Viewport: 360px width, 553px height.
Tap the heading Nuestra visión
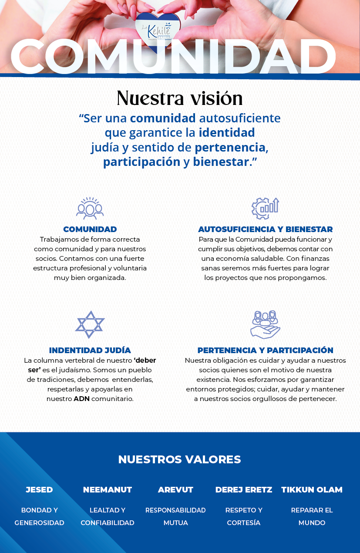[179, 98]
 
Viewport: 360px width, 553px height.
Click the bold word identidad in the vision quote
[227, 132]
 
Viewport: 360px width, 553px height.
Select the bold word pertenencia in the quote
[230, 148]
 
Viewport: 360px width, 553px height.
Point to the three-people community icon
[90, 208]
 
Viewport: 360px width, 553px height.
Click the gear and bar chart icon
[265, 208]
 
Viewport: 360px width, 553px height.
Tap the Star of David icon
[90, 324]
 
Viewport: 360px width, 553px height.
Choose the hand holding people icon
[265, 324]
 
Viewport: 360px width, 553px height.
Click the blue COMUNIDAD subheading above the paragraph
[90, 229]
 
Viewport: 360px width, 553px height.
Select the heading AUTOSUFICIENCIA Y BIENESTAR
[265, 229]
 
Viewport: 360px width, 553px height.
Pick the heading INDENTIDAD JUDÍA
[90, 351]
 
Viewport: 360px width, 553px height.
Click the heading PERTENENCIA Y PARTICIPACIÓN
[265, 351]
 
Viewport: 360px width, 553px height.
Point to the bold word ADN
[81, 399]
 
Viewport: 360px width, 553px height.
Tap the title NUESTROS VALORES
[179, 459]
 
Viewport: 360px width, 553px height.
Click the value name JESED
[39, 490]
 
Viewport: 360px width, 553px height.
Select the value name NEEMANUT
[107, 490]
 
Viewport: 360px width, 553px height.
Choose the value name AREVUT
[175, 490]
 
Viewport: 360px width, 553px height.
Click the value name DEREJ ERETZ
[244, 490]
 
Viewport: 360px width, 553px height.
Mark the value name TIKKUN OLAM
[312, 490]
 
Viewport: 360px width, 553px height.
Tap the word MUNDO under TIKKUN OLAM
[312, 523]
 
